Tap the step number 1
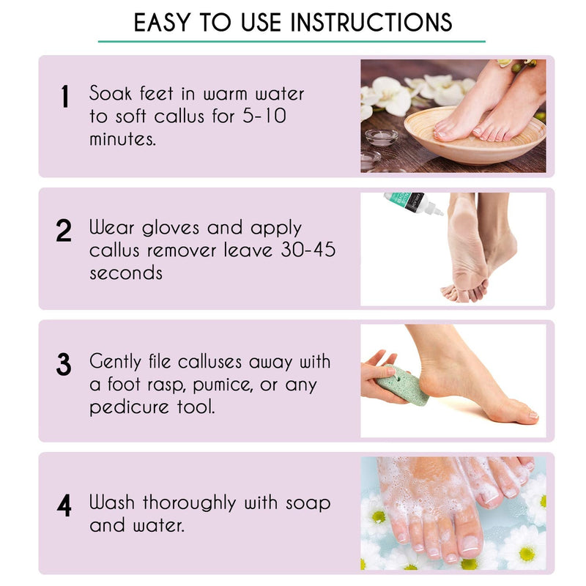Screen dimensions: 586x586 tap(65, 96)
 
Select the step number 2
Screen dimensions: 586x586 tap(64, 230)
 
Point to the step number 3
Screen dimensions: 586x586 tap(64, 364)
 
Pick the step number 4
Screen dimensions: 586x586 tap(64, 505)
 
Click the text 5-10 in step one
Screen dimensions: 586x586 tap(264, 116)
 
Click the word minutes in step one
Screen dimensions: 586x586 tap(122, 138)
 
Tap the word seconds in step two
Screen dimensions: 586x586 tap(126, 272)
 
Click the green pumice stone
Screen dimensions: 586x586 tap(401, 385)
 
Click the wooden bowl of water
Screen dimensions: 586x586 tap(475, 136)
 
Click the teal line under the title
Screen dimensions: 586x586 tap(292, 41)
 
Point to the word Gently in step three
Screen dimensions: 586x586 tap(115, 362)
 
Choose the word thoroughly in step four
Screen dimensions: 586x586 tap(189, 503)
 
